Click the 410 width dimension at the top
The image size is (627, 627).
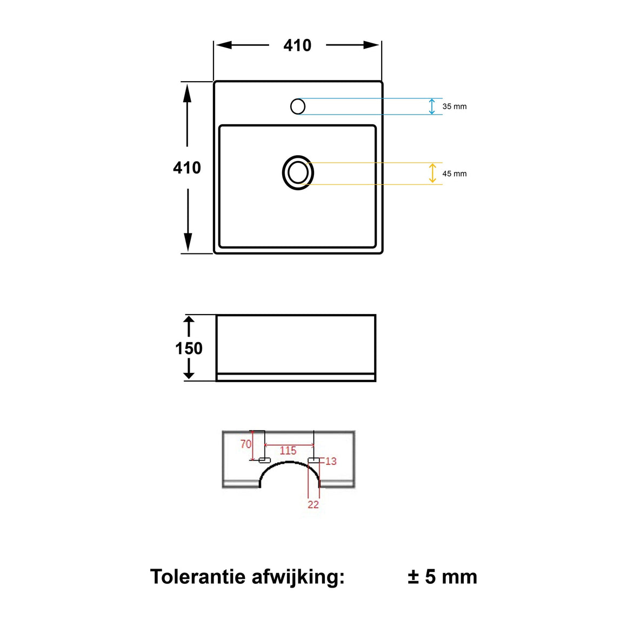click(297, 45)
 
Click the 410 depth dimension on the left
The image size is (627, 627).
click(187, 168)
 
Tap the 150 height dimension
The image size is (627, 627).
click(189, 348)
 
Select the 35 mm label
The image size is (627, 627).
click(454, 106)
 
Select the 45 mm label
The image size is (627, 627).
click(454, 174)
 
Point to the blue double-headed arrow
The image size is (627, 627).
click(431, 106)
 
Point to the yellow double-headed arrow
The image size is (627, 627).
click(432, 173)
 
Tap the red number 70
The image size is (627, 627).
click(245, 444)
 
